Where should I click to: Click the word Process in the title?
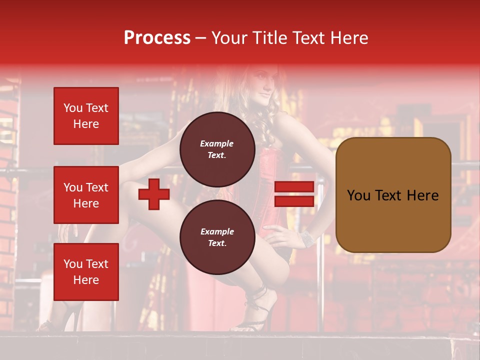[x=157, y=38]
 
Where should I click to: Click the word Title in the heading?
[x=268, y=38]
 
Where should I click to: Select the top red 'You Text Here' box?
[x=86, y=116]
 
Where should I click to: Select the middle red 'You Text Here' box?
[x=86, y=195]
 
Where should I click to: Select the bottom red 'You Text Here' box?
[x=86, y=272]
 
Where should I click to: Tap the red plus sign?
[x=154, y=194]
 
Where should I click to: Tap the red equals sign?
[x=294, y=194]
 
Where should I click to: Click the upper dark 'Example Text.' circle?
[x=217, y=149]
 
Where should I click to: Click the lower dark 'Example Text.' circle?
[x=217, y=237]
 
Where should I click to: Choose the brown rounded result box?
[x=393, y=195]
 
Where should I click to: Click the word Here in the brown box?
[x=422, y=195]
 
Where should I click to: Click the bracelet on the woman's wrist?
[x=306, y=238]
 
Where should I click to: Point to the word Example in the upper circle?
[x=217, y=143]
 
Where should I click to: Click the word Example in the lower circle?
[x=217, y=231]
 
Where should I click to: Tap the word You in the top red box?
[x=73, y=108]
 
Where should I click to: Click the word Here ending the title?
[x=350, y=38]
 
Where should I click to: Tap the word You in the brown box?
[x=359, y=195]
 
